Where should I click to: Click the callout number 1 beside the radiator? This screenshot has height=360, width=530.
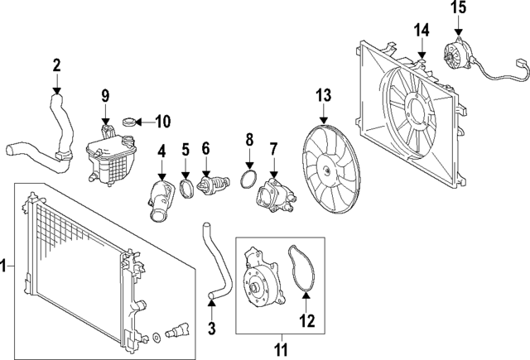5,266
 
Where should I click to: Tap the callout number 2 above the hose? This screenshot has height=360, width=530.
56,65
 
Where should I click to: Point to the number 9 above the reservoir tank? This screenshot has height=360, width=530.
105,95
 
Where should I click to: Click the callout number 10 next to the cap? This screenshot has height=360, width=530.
162,122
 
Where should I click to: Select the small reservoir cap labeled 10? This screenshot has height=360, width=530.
129,123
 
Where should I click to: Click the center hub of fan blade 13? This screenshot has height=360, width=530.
328,173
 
